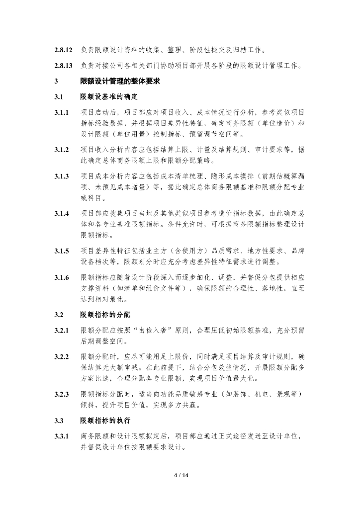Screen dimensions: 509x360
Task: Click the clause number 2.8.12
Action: coord(64,50)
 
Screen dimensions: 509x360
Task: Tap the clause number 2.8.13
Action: coord(64,66)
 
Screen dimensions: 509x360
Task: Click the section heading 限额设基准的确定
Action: coord(108,96)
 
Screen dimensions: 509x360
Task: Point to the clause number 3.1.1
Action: coord(62,112)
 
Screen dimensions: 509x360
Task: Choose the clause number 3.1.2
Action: coord(62,150)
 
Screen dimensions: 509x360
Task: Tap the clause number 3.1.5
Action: coord(62,251)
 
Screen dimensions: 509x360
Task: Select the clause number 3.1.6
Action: coord(62,277)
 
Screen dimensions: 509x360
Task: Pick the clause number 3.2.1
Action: coord(62,331)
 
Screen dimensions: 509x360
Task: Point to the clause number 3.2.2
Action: coord(62,357)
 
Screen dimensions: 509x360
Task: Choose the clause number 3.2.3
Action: coord(62,394)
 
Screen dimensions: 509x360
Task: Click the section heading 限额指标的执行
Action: coord(105,421)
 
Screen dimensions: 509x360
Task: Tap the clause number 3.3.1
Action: coord(62,436)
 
